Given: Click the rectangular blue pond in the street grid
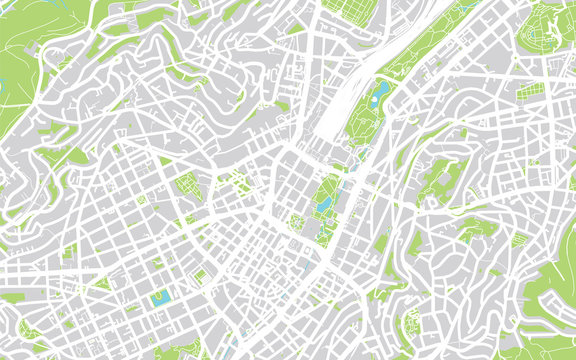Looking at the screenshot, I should pos(160,298).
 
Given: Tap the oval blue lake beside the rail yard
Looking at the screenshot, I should pos(380,93).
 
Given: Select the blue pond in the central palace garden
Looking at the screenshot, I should pos(325,204).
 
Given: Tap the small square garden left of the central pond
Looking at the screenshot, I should pos(297,222).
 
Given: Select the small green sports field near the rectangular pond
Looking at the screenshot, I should pos(200,276).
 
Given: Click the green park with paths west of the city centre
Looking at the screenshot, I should pos(186,184).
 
